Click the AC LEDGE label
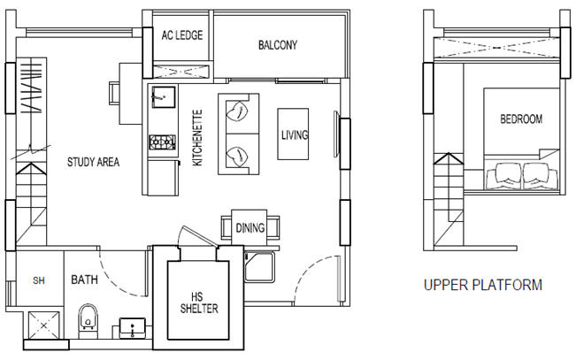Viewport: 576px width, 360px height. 182,35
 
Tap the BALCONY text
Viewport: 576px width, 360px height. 278,45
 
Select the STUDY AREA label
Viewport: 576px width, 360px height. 93,162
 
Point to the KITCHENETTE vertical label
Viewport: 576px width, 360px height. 197,138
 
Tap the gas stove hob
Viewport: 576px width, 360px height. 162,142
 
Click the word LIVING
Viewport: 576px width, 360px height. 295,135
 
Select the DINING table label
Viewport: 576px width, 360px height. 250,227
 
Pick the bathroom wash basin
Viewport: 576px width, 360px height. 133,328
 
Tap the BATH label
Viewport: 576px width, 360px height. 84,280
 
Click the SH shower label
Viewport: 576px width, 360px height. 39,280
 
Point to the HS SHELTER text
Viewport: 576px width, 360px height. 199,303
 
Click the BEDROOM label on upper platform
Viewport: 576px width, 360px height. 521,119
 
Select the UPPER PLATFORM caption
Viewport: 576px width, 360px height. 483,285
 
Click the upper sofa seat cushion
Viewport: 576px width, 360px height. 238,111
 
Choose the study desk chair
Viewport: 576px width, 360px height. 114,93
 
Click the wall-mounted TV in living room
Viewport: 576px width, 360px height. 335,134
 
